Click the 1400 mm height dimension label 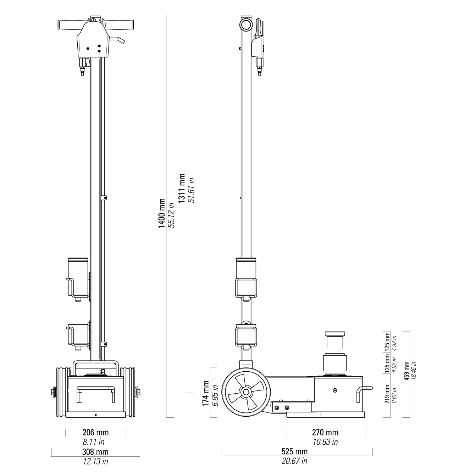(162, 213)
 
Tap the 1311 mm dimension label (182, 188)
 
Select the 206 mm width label (96, 432)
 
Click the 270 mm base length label (325, 432)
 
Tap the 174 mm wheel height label (206, 393)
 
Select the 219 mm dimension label (387, 394)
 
